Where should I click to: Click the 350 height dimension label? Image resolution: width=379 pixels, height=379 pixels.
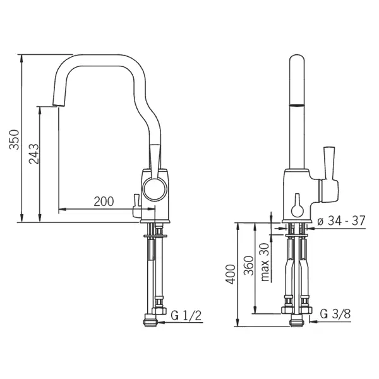(x=14, y=140)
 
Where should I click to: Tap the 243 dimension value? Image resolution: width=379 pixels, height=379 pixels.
(x=34, y=154)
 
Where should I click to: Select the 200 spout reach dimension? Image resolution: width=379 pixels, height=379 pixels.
(x=104, y=202)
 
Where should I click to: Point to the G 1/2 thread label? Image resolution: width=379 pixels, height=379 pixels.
(x=186, y=315)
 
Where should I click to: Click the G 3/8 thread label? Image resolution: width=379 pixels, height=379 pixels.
(x=335, y=314)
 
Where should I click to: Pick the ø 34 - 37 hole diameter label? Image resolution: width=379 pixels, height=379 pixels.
(x=341, y=220)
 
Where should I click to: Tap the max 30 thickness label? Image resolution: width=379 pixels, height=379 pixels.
(x=265, y=262)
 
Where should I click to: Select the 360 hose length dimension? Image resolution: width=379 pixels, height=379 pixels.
(x=249, y=266)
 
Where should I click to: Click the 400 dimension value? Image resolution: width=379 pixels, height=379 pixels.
(x=231, y=274)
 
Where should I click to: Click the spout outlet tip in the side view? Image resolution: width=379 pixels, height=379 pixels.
(x=59, y=104)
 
